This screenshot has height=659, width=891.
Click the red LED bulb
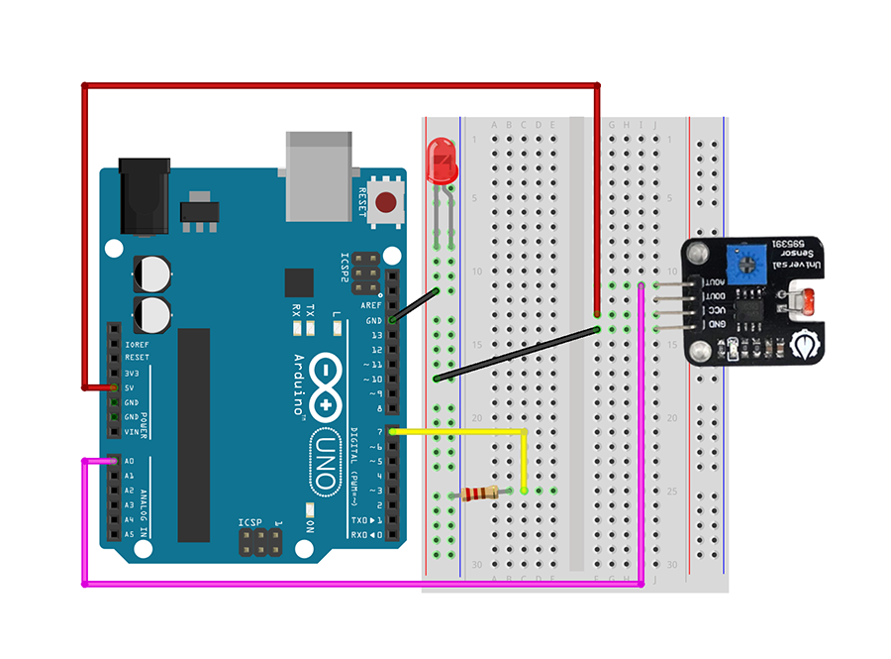click(x=441, y=162)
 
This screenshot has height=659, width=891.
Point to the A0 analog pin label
click(x=130, y=462)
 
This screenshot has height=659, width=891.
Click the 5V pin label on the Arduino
click(x=130, y=387)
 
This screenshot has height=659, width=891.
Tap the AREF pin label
click(x=371, y=305)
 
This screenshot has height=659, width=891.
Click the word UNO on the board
click(x=325, y=462)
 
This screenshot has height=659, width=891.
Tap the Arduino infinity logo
click(x=326, y=390)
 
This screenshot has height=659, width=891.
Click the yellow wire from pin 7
click(x=465, y=432)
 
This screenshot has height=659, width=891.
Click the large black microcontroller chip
click(x=194, y=436)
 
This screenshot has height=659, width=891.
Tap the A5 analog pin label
click(x=130, y=534)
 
